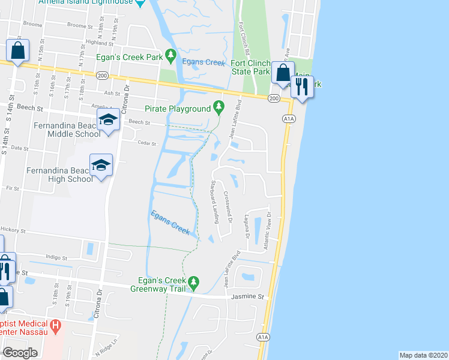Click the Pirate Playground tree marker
tap(218, 109)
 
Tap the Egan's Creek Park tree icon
tap(170, 56)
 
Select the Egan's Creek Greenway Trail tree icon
tap(193, 281)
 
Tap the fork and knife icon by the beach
tap(302, 87)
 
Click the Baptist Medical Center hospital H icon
tap(56, 328)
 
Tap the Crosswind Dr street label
tap(228, 208)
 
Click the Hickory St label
tap(13, 230)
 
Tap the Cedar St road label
tap(146, 144)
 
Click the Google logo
tap(20, 353)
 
